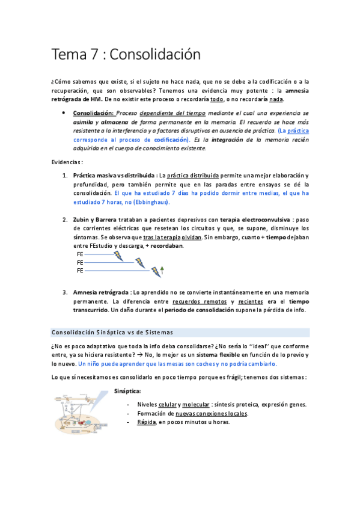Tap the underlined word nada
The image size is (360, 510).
pyautogui.click(x=276, y=99)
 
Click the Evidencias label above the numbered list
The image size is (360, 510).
pyautogui.click(x=66, y=162)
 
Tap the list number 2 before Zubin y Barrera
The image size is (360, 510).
pyautogui.click(x=65, y=220)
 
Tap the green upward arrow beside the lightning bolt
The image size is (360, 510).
pyautogui.click(x=162, y=269)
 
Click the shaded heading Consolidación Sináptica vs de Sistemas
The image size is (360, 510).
pyautogui.click(x=112, y=333)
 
